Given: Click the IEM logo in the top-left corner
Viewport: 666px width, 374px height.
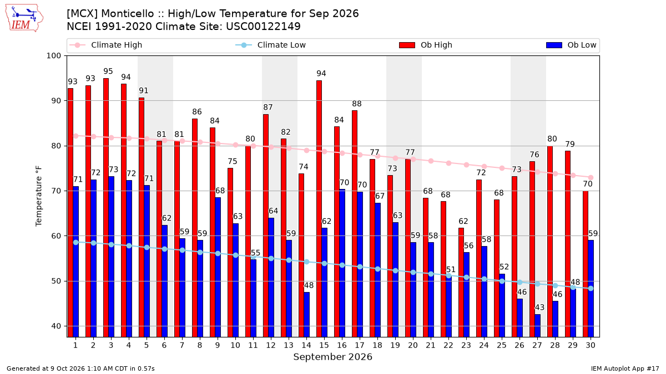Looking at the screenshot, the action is [24, 18].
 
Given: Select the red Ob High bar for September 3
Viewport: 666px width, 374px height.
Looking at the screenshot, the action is [106, 207].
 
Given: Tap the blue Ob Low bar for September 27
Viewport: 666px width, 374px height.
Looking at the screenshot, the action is [538, 326].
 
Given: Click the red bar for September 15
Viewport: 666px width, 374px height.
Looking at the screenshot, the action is [319, 209].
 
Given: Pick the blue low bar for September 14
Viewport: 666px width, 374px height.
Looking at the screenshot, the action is [306, 315].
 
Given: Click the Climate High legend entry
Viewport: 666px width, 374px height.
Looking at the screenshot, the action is [105, 45].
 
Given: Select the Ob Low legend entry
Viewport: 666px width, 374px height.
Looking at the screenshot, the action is [571, 45].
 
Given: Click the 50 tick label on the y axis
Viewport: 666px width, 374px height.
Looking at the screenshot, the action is [56, 281].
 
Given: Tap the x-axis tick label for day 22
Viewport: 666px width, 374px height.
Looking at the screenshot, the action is [448, 345].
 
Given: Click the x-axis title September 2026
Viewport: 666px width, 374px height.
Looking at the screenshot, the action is [332, 357].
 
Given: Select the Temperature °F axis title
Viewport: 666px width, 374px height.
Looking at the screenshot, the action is [39, 196].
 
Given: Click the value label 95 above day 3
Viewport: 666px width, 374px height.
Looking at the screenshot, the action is [108, 71].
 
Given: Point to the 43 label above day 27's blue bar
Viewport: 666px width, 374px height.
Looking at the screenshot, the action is [539, 307].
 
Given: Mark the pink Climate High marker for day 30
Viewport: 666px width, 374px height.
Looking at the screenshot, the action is [591, 177].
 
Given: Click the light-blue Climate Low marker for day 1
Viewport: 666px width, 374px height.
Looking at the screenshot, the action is [76, 242].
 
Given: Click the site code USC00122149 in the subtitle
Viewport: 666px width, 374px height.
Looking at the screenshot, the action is [264, 27].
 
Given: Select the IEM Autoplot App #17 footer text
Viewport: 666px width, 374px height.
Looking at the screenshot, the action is [625, 368].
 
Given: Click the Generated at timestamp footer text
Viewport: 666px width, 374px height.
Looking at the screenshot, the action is [80, 368].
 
